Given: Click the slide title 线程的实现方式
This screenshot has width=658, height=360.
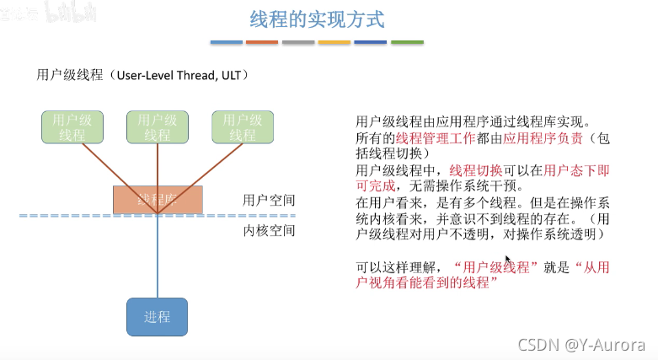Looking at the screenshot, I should click(317, 19).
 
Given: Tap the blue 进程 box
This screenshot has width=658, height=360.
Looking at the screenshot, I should click(158, 317).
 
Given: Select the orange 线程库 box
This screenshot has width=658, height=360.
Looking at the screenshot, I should click(158, 199).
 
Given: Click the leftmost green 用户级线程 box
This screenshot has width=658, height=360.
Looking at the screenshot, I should click(72, 126).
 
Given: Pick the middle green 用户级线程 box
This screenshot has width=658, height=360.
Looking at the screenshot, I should click(158, 126).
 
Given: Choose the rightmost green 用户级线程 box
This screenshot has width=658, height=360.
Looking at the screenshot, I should click(243, 126).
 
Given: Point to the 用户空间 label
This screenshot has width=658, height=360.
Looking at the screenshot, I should click(269, 201).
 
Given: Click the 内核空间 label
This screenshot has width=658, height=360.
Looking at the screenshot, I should click(269, 231).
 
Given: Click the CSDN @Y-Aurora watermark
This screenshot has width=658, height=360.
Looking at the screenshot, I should click(581, 345).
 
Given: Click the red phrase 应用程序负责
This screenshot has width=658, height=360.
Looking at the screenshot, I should click(540, 138).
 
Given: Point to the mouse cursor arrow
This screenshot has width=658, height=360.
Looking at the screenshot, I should click(508, 261).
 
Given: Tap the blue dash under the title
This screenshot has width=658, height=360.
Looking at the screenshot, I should click(226, 42).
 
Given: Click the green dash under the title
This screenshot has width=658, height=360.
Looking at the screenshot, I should click(407, 42).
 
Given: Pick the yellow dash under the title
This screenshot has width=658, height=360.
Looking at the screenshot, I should click(334, 42).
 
